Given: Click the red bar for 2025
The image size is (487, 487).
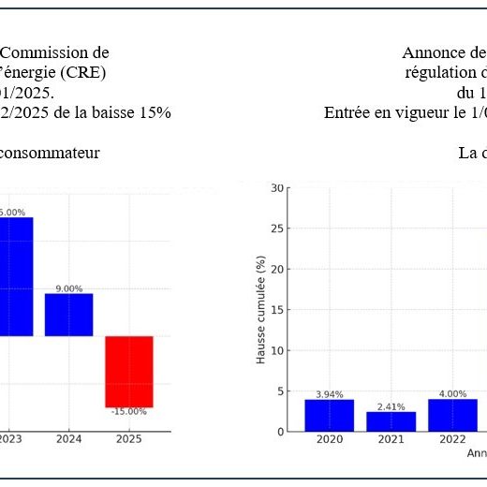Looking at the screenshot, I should coord(128,371).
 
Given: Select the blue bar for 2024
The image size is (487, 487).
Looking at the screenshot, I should coord(68,315).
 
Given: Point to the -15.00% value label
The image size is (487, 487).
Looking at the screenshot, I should coord(128,412).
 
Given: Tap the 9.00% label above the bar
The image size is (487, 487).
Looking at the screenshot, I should coord(68,288).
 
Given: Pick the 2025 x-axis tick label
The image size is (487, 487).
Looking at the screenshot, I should coord(128,438).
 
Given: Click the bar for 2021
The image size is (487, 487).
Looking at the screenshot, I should coord(391,421).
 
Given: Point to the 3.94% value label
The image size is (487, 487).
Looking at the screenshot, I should coord(329,394).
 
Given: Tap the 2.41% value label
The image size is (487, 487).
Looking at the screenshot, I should coord(391,406).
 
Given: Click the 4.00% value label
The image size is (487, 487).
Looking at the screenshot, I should coord(452,394).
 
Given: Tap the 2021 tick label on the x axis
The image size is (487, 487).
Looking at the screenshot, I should coord(391,439).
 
